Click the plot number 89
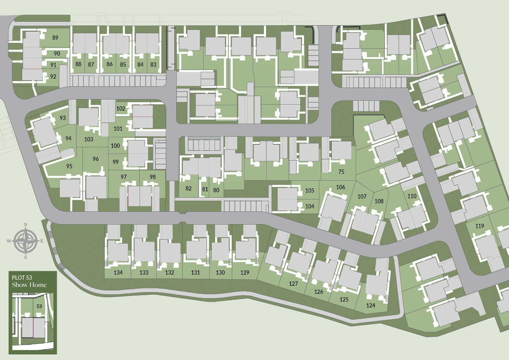[x=55, y=38]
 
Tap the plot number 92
[x=53, y=77]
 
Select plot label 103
[x=89, y=139]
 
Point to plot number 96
[x=95, y=159]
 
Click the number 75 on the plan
[x=341, y=172]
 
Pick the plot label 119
[x=480, y=226]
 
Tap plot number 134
[x=118, y=272]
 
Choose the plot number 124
[x=371, y=305]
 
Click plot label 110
[x=412, y=196]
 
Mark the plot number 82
[x=189, y=189]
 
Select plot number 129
[x=245, y=272]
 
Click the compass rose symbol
[x=26, y=240]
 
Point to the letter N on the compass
[x=26, y=225]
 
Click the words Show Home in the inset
[x=29, y=285]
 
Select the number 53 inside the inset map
[x=39, y=306]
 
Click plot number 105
[x=310, y=190]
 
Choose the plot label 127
[x=293, y=284]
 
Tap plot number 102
[x=121, y=109]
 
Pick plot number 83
[x=153, y=64]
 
